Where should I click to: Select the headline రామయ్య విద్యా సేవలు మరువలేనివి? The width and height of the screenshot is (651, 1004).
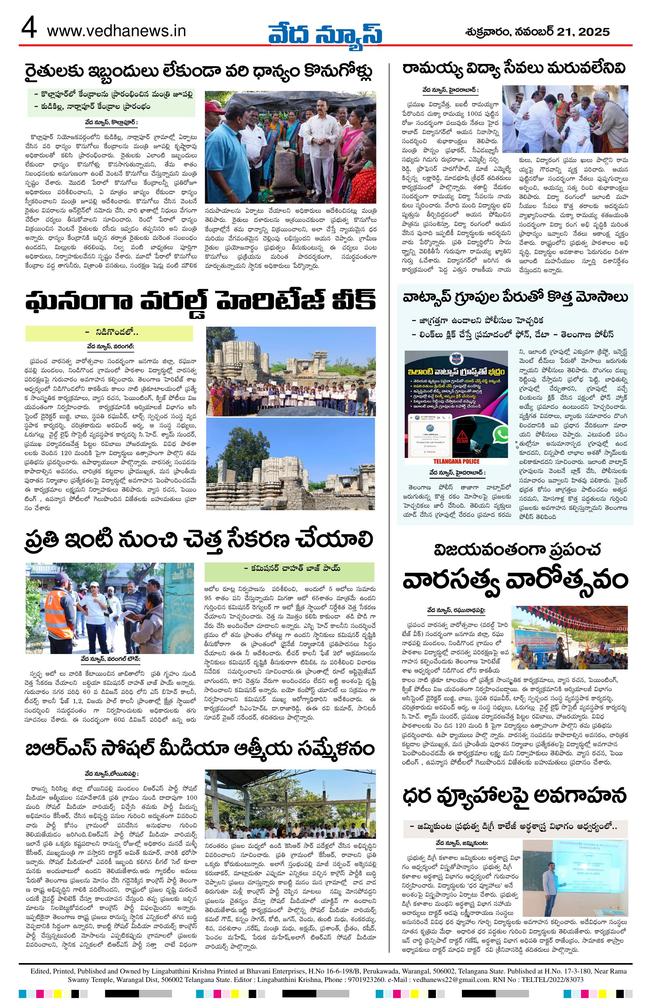(513, 69)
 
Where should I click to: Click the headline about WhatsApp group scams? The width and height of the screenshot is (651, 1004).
(514, 299)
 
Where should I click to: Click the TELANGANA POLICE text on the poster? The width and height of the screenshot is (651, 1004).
(457, 461)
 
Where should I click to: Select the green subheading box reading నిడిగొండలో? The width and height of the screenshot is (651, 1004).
(109, 333)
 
